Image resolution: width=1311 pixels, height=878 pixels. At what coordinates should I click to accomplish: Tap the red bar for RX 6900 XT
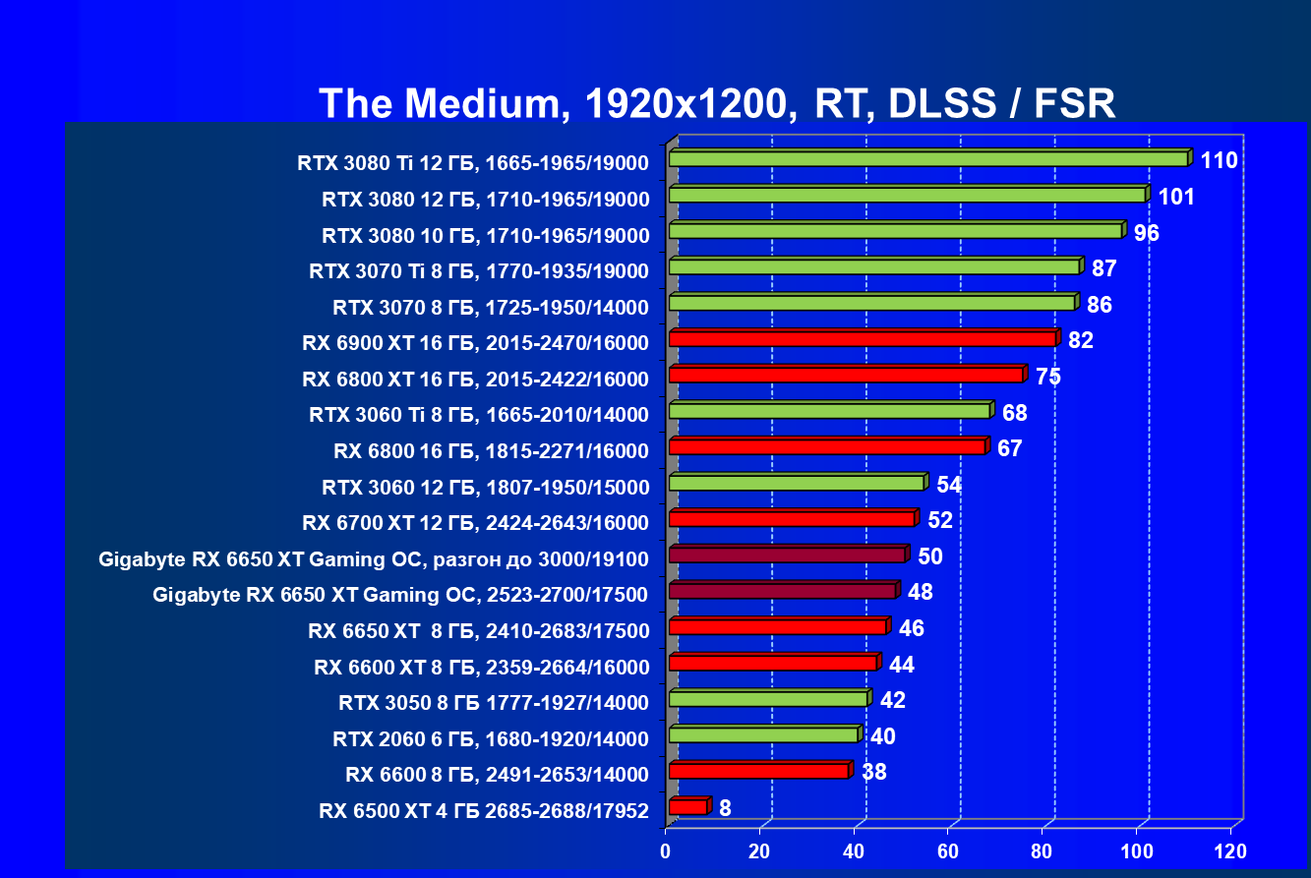tap(863, 339)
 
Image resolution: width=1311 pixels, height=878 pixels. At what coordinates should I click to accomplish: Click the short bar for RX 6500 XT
tap(687, 807)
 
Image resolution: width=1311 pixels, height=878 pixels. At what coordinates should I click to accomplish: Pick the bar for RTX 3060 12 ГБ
tap(797, 483)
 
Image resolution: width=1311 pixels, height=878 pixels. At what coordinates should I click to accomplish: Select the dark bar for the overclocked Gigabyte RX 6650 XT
tap(787, 556)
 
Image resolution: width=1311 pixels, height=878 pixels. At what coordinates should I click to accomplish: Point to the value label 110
tap(1219, 160)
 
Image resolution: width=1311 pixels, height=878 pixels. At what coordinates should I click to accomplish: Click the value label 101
tap(1176, 197)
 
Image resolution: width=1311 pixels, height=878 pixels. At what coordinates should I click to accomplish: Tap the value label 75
tap(1047, 377)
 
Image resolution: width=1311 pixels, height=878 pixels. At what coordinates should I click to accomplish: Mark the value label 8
tap(725, 808)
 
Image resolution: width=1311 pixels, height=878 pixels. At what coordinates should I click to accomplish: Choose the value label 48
tap(921, 592)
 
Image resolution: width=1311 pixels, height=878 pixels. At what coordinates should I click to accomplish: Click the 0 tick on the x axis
tap(667, 849)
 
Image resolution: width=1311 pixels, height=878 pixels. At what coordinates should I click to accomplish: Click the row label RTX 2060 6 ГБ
tap(491, 738)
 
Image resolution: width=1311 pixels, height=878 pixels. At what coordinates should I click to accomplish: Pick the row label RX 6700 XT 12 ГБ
tap(477, 522)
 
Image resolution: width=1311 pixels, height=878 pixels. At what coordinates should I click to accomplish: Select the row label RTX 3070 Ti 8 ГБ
tap(479, 271)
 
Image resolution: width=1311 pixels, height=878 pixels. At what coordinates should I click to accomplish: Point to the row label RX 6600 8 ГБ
tap(497, 775)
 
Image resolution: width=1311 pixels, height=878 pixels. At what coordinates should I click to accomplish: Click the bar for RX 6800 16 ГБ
tap(827, 447)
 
